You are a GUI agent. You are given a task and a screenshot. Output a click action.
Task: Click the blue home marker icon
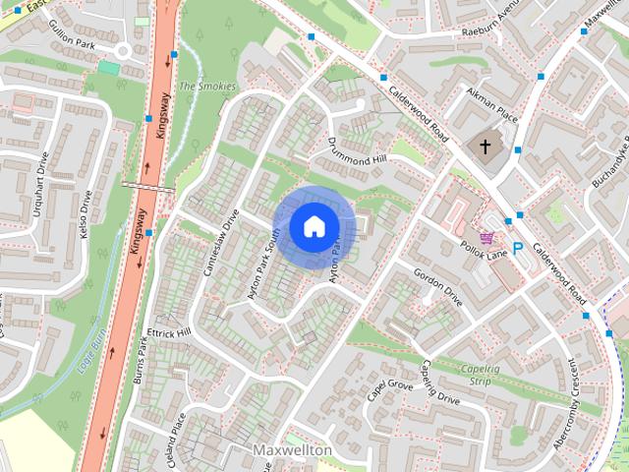314,227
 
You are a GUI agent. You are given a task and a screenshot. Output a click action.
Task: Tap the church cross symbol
484,147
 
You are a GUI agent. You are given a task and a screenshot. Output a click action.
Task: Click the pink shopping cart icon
486,237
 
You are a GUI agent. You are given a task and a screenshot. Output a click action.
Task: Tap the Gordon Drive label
437,285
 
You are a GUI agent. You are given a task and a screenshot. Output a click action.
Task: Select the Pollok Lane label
485,253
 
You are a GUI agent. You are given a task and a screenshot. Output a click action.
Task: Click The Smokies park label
207,87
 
